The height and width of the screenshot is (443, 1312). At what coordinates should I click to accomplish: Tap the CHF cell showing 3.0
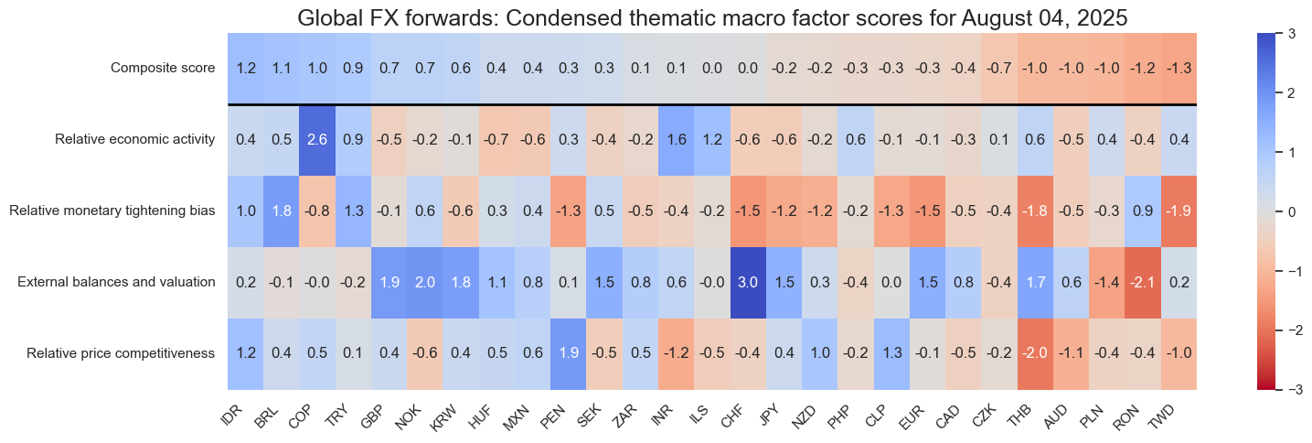tap(747, 282)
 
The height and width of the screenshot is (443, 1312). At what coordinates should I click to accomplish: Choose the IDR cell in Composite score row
tap(247, 68)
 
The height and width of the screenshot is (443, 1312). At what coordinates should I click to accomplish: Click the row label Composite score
tap(163, 68)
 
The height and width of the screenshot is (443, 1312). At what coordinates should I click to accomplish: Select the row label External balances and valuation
tap(116, 282)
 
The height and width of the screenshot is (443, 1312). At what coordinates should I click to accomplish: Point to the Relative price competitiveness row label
tap(121, 353)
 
